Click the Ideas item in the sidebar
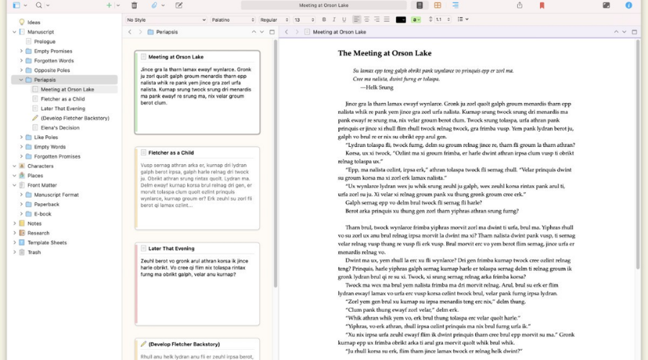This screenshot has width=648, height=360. pos(34,22)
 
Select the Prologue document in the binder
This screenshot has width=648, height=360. pos(45,42)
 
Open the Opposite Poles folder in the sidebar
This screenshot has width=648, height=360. pos(53,71)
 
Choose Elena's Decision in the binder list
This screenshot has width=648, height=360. pos(60,127)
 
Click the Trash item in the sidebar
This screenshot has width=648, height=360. pos(34,252)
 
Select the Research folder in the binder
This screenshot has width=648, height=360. pos(38,233)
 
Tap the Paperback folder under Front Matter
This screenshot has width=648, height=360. pos(46,204)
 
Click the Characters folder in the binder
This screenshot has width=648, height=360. pos(40,166)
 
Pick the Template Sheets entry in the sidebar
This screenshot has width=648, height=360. pos(47,243)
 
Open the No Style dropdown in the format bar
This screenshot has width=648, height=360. pos(166,19)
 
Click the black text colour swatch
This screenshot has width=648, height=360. pos(401,19)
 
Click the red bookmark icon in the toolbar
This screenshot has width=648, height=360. pos(542,5)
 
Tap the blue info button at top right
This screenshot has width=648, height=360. pos(629,5)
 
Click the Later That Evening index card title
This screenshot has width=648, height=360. pos(173,248)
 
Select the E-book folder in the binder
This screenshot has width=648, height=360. pos(42,214)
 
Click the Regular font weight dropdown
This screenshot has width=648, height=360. pos(273,19)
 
